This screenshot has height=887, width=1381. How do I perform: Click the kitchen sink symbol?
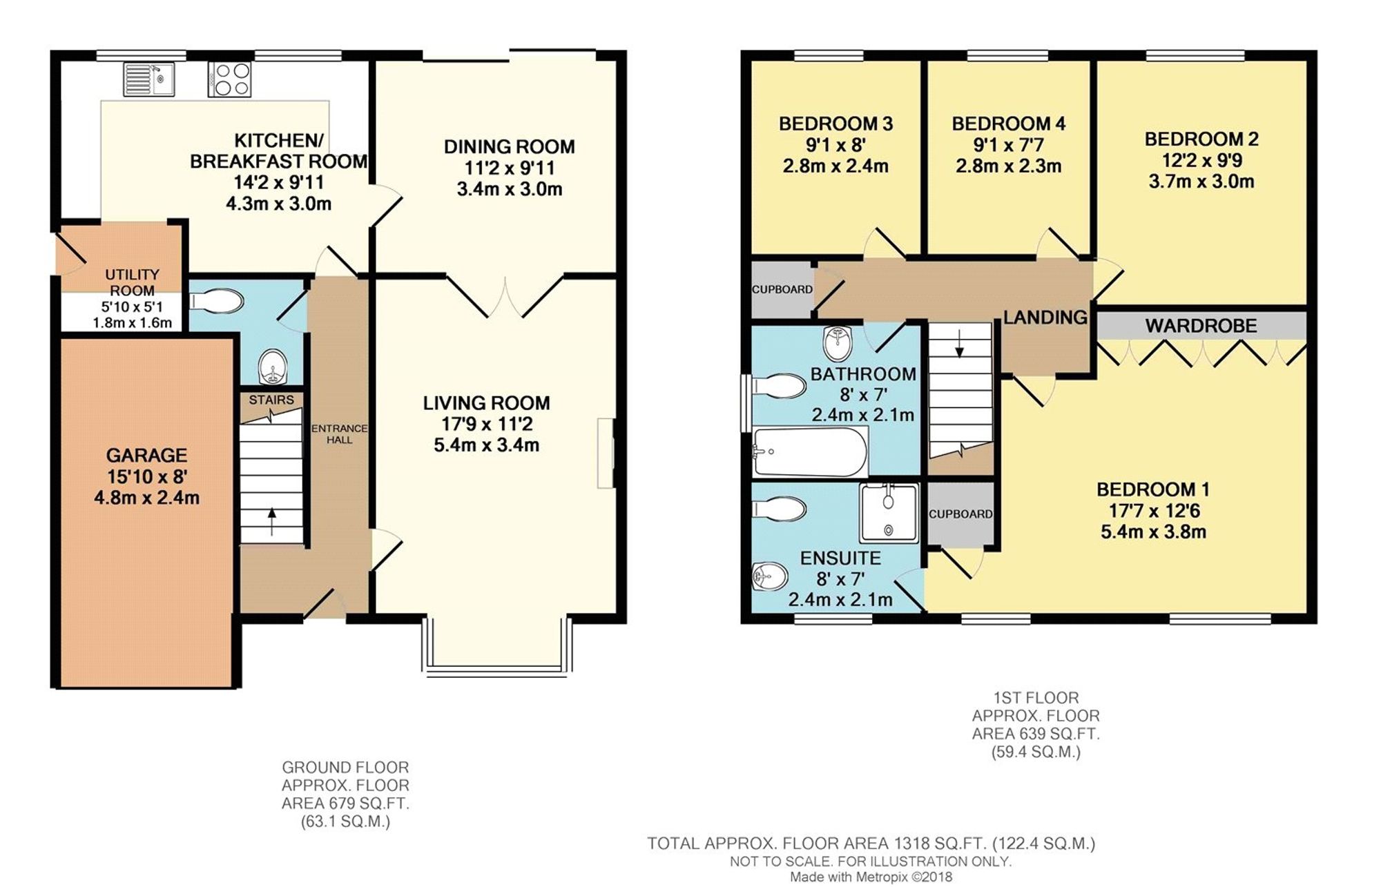point(149,79)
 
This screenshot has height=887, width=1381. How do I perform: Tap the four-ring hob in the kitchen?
point(229,79)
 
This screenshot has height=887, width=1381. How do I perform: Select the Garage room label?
point(146,456)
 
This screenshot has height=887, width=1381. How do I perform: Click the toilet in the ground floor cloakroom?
point(217,302)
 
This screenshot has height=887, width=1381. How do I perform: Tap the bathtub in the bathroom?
point(809,451)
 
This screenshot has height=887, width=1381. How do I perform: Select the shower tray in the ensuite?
point(889,513)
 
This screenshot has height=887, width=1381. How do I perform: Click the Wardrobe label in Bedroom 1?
point(1201,326)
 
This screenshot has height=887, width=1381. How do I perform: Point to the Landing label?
point(1045,318)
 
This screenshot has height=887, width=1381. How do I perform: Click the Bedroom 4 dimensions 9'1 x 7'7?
point(1008,145)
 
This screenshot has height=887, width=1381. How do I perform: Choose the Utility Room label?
point(132,282)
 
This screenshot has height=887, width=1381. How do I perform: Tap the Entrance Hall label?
point(339,433)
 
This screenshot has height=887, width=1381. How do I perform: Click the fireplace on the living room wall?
point(606,453)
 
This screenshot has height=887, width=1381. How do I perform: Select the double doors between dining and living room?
point(505,297)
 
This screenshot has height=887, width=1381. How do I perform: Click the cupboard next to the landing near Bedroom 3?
point(782,289)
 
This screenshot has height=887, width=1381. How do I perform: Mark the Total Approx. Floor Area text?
point(871,843)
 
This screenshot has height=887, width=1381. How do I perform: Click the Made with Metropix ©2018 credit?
point(871,877)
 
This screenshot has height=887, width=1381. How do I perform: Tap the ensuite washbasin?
point(769,575)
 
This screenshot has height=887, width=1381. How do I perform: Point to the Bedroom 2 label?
point(1201,139)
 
